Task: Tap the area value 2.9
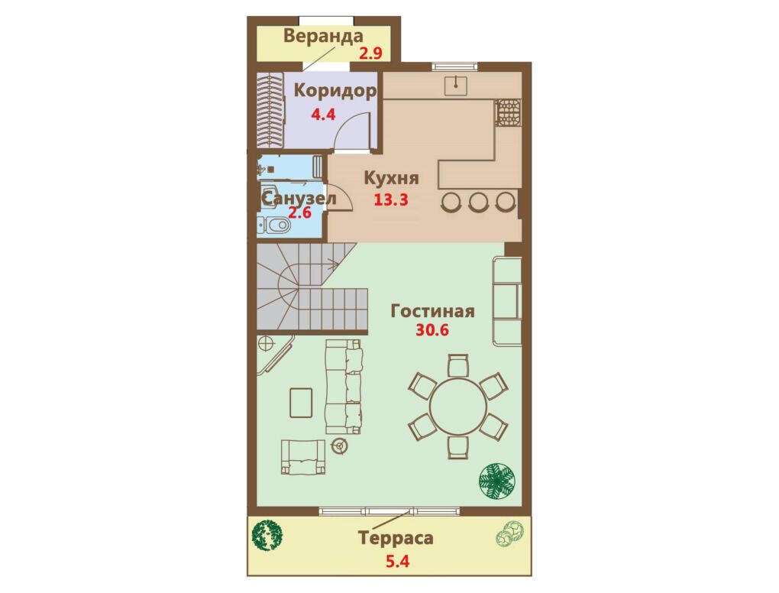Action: (x=370, y=53)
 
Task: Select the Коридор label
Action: (x=335, y=92)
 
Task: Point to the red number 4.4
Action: (x=323, y=115)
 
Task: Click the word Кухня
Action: (x=392, y=178)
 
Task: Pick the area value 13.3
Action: (x=391, y=199)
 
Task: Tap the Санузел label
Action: (x=299, y=199)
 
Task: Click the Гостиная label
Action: (x=433, y=312)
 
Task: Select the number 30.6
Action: (x=432, y=330)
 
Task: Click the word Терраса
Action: (x=396, y=538)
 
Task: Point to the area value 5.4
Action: (x=397, y=562)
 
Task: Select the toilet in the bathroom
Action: (x=275, y=225)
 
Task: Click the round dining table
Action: (x=457, y=407)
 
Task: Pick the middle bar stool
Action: (x=479, y=202)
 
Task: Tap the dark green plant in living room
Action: (x=497, y=481)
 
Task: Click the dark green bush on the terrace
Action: (x=267, y=536)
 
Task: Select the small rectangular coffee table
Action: (x=301, y=403)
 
